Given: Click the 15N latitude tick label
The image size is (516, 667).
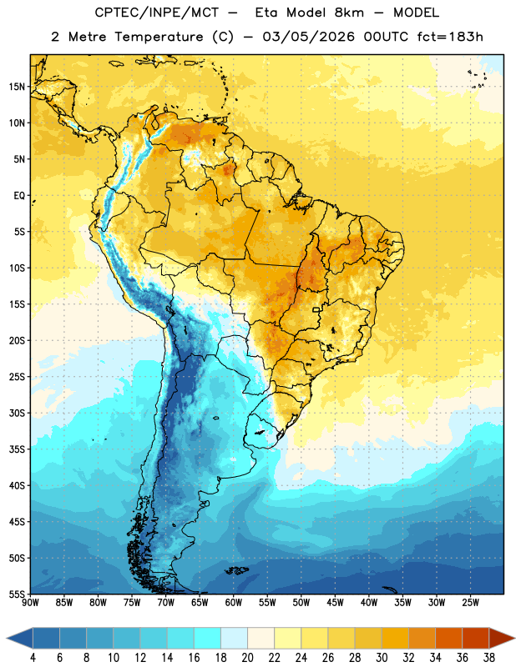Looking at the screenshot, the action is pos(17,87).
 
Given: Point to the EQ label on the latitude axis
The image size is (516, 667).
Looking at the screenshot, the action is pos(19,196).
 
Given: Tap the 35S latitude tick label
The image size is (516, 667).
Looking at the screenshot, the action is pos(17,449).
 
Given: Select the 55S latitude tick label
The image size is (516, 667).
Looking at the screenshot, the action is pos(17,594).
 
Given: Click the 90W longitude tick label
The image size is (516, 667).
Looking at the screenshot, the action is pos(30,603).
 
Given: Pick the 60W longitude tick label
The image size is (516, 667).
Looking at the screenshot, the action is pos(234,603).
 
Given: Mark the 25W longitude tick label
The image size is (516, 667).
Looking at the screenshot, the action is pos(470,603).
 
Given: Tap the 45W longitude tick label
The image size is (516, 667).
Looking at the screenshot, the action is pos(335,603).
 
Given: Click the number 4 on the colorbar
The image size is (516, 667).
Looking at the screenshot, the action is pos(33,658).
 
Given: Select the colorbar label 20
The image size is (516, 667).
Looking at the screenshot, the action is pos(247,658).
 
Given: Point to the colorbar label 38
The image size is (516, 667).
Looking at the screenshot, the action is pos(488,658).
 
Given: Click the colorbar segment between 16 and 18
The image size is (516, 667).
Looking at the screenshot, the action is pos(208,638).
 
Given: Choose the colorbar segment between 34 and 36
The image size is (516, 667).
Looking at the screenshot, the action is pos(448,638).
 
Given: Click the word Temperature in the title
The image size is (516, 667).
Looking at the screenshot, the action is pos(159,37).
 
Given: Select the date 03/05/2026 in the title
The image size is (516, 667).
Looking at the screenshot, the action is pos(308,37).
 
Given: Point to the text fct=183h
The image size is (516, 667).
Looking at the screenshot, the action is pos(450,37).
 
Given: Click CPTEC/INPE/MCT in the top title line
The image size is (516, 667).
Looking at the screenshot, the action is pos(156,13).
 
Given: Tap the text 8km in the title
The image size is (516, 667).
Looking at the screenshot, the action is pos(349,13).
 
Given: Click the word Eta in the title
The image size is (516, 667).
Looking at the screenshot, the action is pos(266,13).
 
